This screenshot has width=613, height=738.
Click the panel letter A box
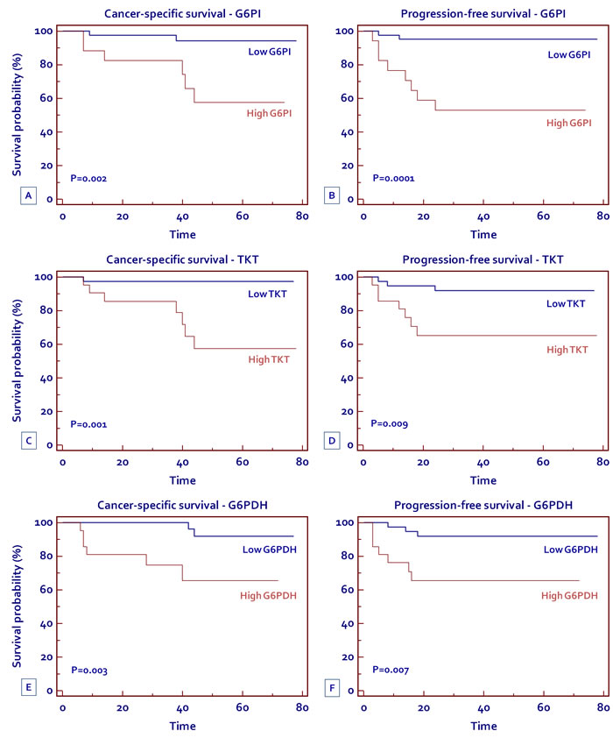[x=29, y=195]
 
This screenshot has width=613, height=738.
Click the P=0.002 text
[x=88, y=178]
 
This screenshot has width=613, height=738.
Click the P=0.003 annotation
[x=88, y=670]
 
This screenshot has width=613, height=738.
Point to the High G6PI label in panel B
[x=569, y=123]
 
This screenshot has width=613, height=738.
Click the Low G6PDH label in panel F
[x=571, y=550]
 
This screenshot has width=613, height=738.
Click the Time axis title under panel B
[x=483, y=234]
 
